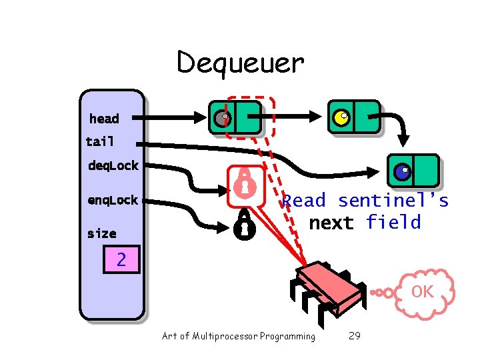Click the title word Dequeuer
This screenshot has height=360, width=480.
click(x=240, y=63)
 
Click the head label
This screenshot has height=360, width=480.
click(x=104, y=119)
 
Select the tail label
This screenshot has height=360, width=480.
click(x=100, y=141)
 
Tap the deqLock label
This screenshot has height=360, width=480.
click(x=113, y=165)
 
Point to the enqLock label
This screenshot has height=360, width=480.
click(x=113, y=200)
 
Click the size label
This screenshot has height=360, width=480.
click(x=101, y=233)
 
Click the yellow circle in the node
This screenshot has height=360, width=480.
click(x=341, y=118)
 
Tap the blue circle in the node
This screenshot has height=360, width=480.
click(x=401, y=172)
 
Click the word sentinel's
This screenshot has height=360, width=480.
click(x=393, y=200)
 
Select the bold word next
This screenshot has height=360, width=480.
click(x=331, y=223)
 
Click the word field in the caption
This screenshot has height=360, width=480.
click(x=393, y=222)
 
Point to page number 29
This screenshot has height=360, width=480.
click(x=355, y=336)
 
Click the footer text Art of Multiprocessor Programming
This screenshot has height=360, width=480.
click(x=239, y=336)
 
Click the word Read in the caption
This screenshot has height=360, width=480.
click(x=304, y=200)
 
